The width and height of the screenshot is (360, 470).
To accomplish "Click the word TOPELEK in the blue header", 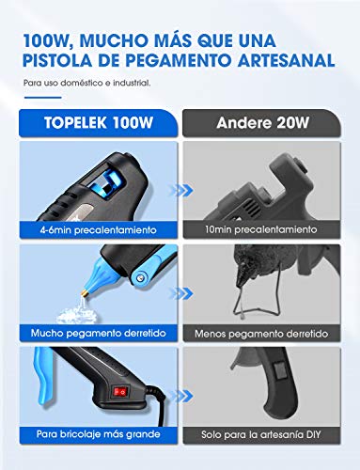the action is (x=75, y=122).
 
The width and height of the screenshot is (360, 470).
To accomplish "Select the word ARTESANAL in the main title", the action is (x=286, y=60).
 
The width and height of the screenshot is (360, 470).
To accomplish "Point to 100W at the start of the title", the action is (x=48, y=41).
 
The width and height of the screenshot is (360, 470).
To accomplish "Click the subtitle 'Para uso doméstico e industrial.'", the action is (x=87, y=83).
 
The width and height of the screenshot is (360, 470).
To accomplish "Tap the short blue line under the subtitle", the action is (x=42, y=98).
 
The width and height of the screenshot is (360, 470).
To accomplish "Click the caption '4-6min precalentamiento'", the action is (x=98, y=230).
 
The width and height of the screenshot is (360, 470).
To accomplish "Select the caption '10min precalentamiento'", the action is (x=261, y=229).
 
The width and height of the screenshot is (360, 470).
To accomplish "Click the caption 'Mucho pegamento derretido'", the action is (x=98, y=333).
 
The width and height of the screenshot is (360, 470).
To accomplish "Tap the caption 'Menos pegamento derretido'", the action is (x=261, y=334).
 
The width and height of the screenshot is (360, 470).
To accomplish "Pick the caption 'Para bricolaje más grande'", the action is (x=98, y=434).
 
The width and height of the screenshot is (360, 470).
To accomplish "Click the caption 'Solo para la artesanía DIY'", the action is (x=261, y=435).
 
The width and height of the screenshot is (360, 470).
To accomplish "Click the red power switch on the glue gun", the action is (x=120, y=392).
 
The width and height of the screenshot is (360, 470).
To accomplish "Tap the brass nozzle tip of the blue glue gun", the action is (x=85, y=294).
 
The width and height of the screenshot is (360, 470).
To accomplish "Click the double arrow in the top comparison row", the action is (x=180, y=190).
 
